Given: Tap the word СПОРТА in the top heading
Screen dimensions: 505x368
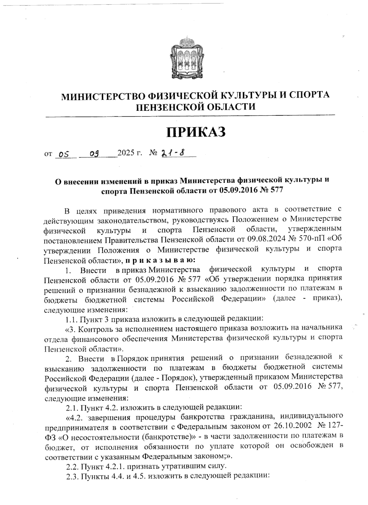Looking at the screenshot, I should point(309,95).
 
